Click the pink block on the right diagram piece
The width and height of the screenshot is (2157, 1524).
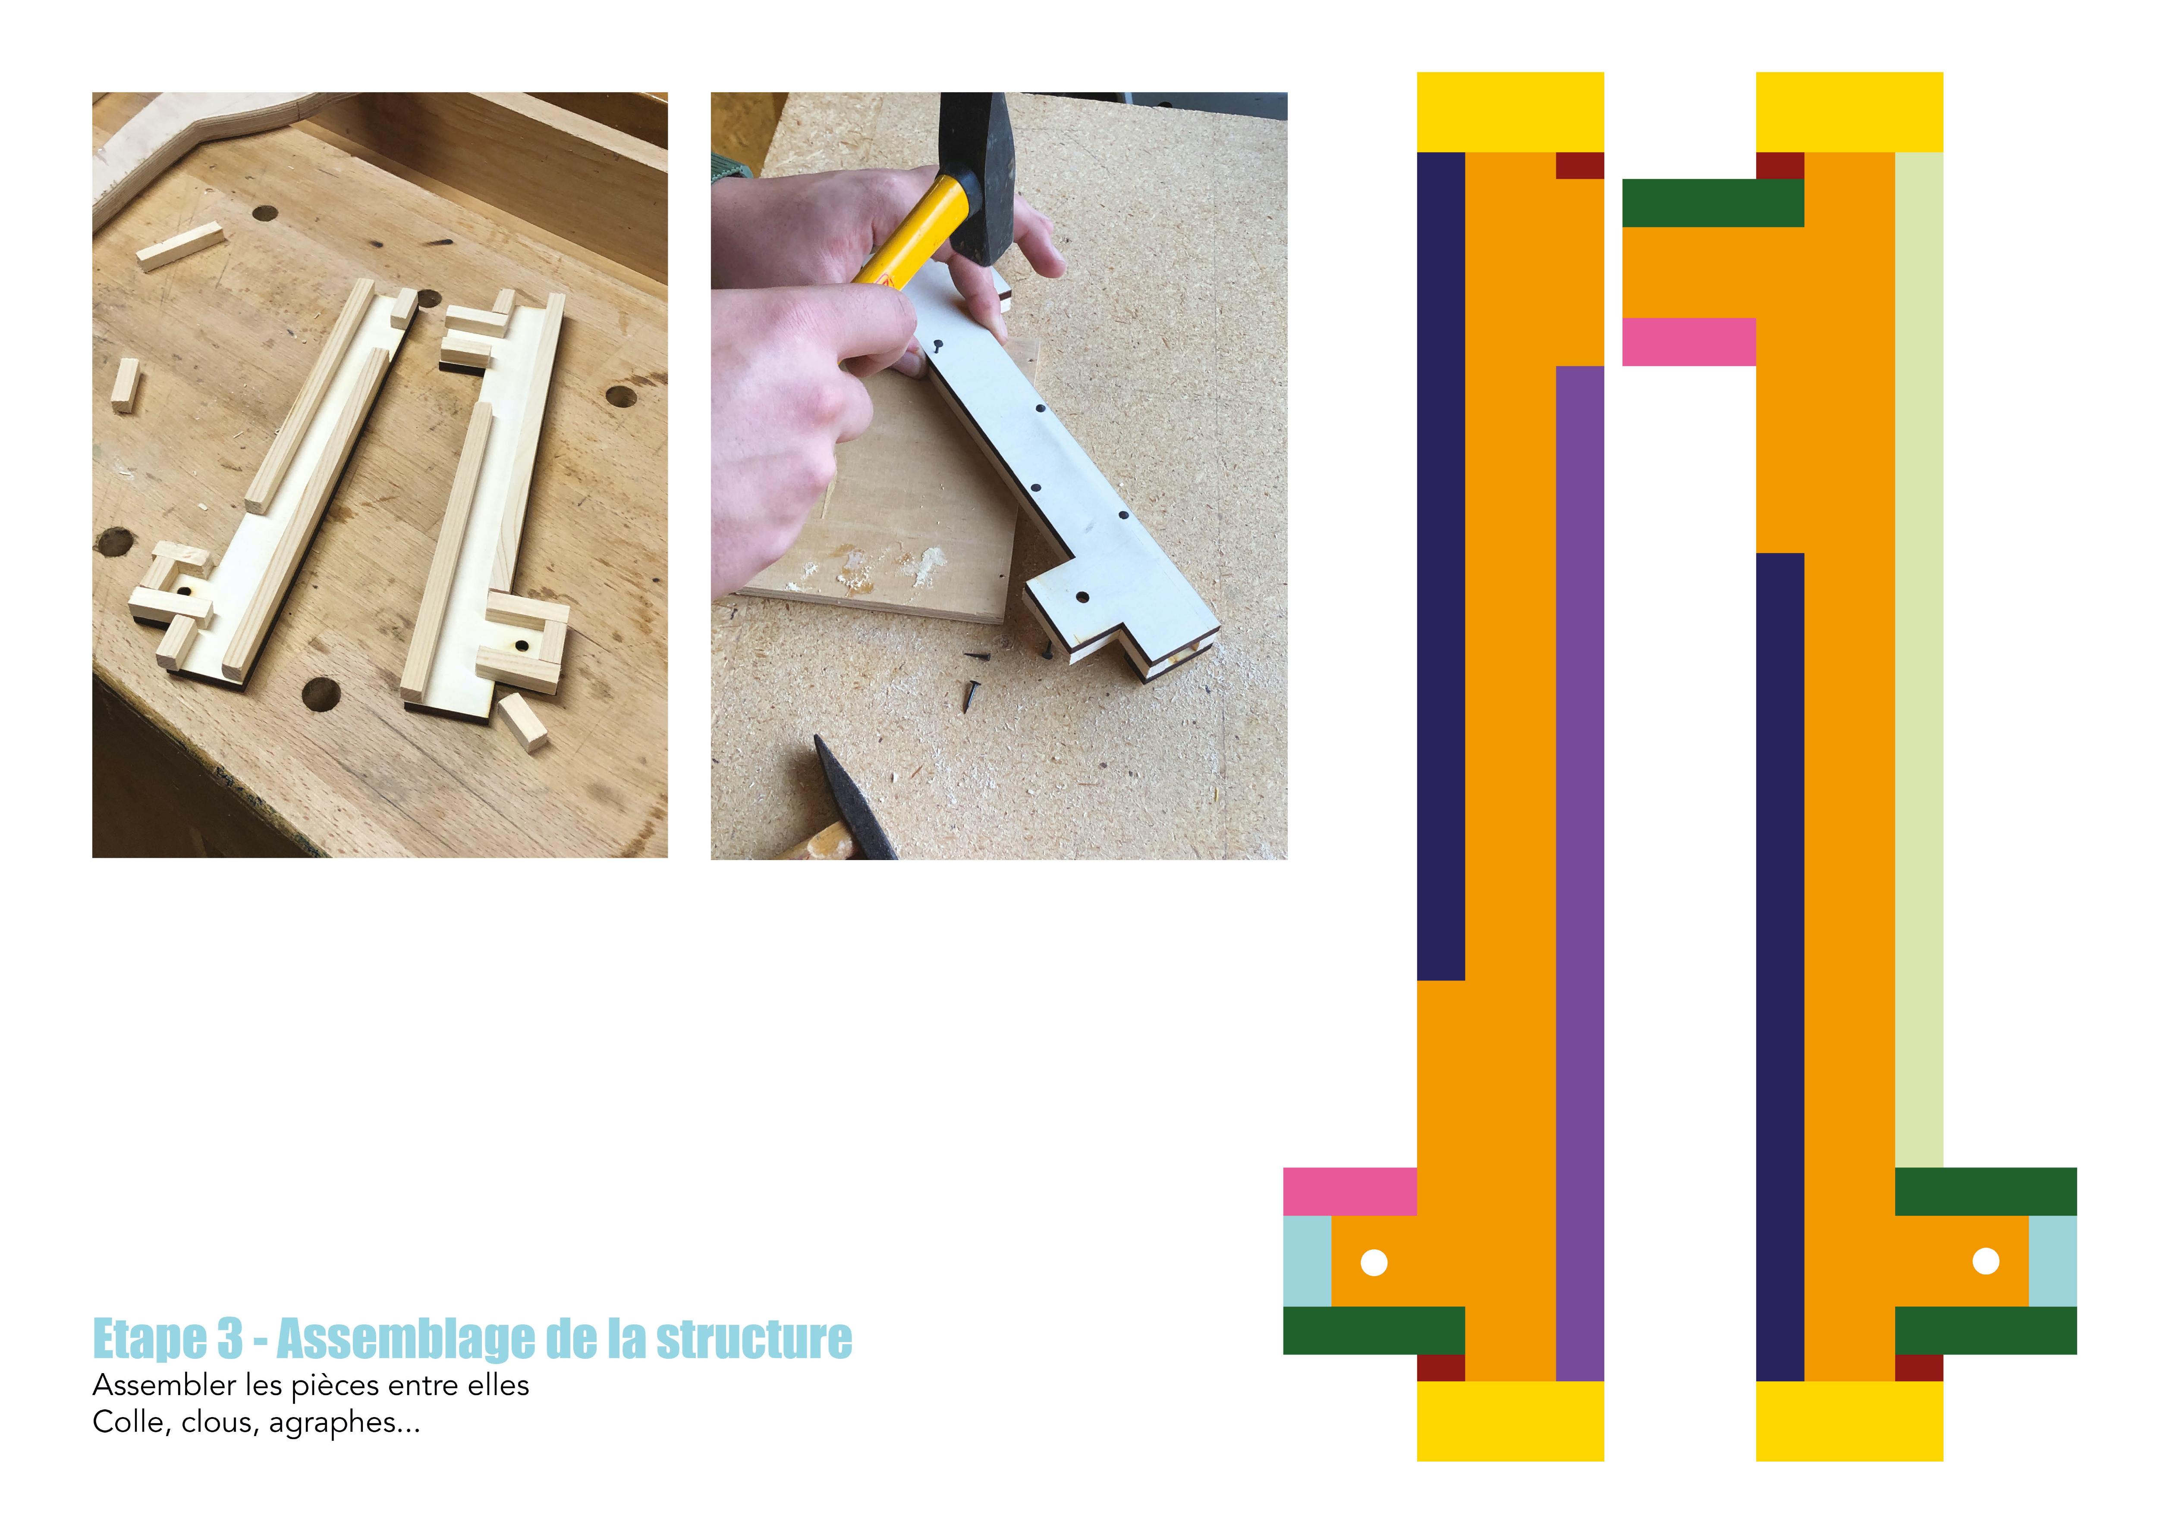1689,342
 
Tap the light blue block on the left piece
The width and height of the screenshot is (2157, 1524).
1308,1261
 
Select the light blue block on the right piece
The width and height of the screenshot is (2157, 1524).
2053,1261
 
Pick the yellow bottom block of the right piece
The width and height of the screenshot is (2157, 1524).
1849,1421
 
